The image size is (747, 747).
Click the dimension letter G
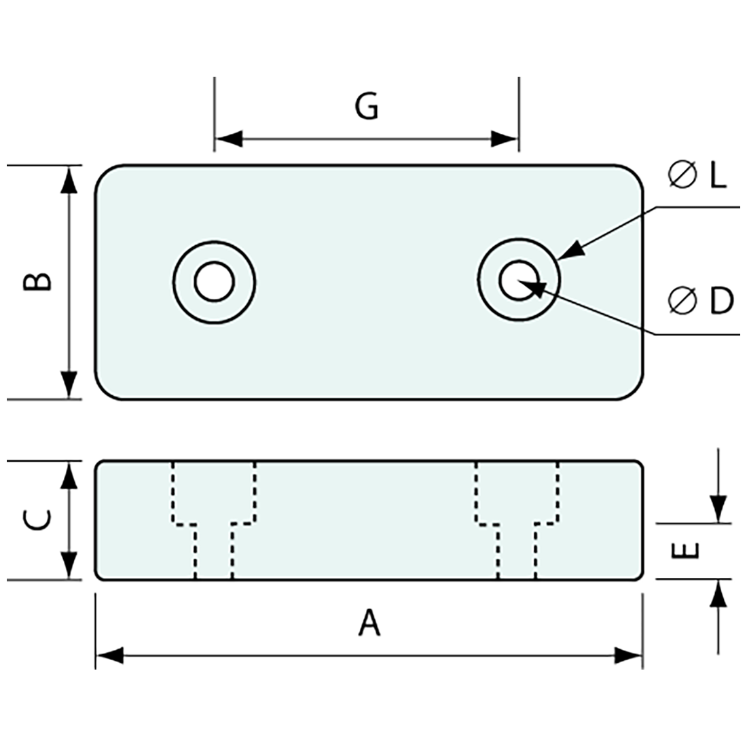[367, 107]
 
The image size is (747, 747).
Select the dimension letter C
[38, 520]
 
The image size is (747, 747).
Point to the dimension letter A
[369, 623]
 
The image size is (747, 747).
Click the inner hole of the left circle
[214, 281]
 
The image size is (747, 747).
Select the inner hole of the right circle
[519, 281]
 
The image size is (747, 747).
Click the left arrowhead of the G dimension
[228, 139]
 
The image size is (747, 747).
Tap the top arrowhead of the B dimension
[69, 180]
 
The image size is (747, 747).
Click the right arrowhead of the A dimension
[628, 656]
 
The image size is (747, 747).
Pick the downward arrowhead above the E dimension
[718, 509]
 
